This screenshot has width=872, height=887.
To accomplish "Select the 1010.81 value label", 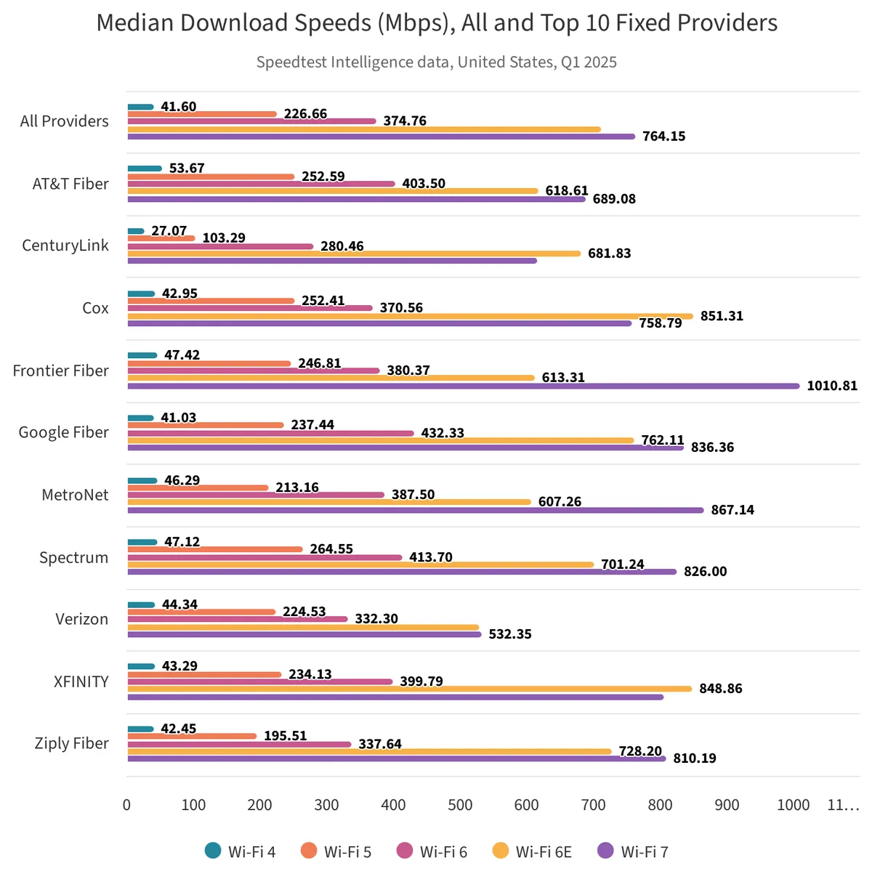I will pyautogui.click(x=832, y=386).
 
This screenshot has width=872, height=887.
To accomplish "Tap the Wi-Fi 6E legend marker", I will pyautogui.click(x=501, y=851).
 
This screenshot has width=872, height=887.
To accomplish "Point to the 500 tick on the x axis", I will pyautogui.click(x=460, y=805).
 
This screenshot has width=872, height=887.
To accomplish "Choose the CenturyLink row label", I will pyautogui.click(x=65, y=246).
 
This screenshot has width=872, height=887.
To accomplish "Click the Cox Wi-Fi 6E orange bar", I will pyautogui.click(x=410, y=316).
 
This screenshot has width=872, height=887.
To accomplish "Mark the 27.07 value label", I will pyautogui.click(x=169, y=231).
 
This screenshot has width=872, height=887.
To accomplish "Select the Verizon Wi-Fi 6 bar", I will pyautogui.click(x=238, y=619).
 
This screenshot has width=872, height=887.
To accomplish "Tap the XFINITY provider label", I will pyautogui.click(x=81, y=681).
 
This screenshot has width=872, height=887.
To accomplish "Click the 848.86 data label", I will pyautogui.click(x=721, y=688).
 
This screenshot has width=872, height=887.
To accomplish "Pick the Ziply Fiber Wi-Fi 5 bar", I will pyautogui.click(x=192, y=736).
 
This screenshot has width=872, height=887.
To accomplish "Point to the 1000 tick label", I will pyautogui.click(x=794, y=805).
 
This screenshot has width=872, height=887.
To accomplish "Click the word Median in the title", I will pyautogui.click(x=135, y=23).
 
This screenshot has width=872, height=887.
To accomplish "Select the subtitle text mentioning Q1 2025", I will pyautogui.click(x=436, y=62).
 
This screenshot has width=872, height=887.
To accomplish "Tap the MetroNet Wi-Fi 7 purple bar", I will pyautogui.click(x=416, y=510).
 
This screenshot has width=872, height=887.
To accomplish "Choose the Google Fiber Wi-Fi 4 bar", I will pyautogui.click(x=141, y=418).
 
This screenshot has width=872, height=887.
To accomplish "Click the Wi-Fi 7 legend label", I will pyautogui.click(x=645, y=851).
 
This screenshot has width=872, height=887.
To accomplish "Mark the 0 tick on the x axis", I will pyautogui.click(x=127, y=805).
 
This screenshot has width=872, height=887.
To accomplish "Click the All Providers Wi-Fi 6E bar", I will pyautogui.click(x=364, y=129).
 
